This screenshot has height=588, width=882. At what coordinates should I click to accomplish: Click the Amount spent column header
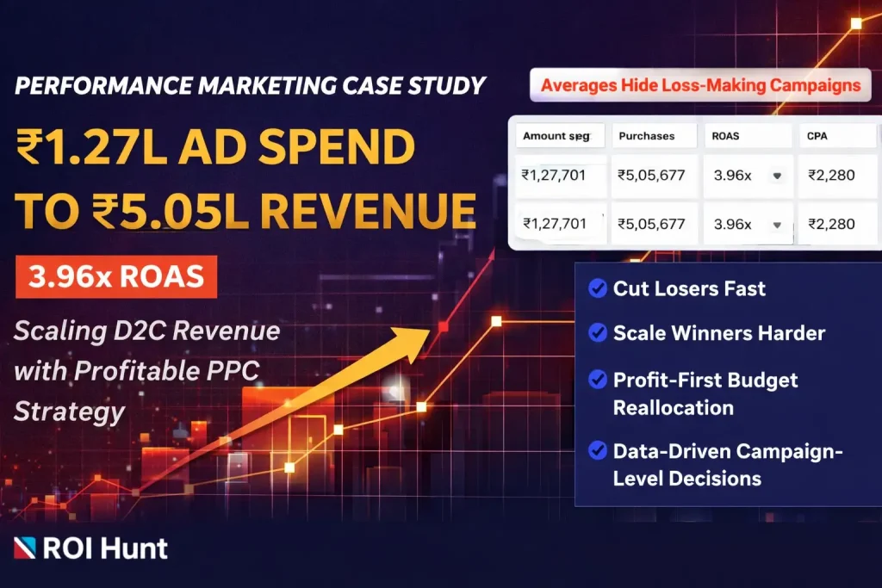tap(556, 135)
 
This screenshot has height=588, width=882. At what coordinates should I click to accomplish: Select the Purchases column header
tap(646, 135)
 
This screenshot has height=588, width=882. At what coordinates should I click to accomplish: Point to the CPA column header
tap(817, 135)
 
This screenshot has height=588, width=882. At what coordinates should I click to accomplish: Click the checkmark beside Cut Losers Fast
tap(596, 288)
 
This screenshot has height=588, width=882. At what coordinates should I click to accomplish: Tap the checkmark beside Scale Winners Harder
tap(596, 333)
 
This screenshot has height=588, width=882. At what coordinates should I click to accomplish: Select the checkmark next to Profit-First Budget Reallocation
tap(596, 380)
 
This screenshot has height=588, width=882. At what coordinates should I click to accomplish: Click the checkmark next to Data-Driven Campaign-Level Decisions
tap(596, 449)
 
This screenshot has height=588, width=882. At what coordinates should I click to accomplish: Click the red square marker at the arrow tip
tap(444, 326)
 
